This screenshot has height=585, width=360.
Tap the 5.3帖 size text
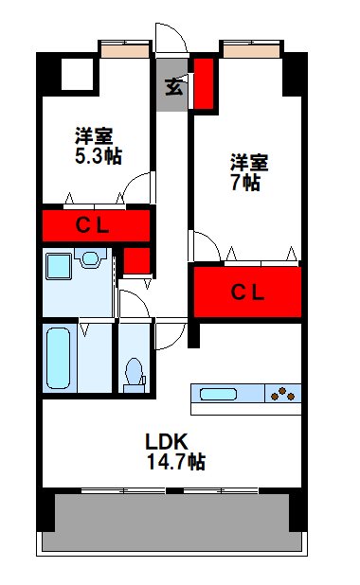(99, 155)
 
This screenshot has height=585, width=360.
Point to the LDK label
(168, 441)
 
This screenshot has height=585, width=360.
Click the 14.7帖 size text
(176, 462)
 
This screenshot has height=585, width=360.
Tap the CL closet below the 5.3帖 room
(96, 226)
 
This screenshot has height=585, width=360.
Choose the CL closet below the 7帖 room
(248, 292)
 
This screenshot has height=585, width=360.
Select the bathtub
(60, 358)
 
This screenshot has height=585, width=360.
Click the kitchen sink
(221, 393)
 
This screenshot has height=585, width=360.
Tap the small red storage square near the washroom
(137, 259)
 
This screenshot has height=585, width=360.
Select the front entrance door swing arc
(170, 39)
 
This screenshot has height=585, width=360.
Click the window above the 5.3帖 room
(125, 47)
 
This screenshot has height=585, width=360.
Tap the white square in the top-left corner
(74, 74)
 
